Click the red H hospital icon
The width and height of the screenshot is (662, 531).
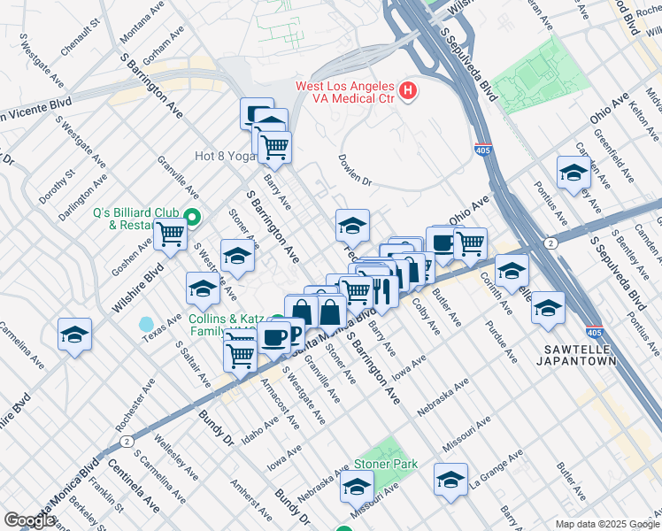408,90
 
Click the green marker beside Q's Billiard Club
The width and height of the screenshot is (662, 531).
190,215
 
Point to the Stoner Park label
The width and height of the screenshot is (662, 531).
386,464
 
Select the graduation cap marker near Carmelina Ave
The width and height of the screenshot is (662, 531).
74,334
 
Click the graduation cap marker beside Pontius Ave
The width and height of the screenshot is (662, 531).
573,172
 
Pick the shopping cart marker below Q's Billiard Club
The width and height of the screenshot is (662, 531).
170,235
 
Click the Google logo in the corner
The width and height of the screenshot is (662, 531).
29,520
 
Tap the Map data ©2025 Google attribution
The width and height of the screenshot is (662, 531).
606,524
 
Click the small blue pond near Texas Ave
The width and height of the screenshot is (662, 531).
145,325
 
